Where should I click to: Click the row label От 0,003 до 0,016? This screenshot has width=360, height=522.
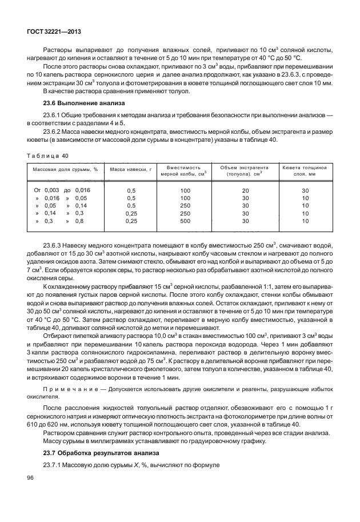62,189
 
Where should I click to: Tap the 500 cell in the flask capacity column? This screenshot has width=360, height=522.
185,221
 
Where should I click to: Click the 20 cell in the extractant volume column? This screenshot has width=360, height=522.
245,189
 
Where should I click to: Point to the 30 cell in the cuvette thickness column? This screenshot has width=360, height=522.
305,189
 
